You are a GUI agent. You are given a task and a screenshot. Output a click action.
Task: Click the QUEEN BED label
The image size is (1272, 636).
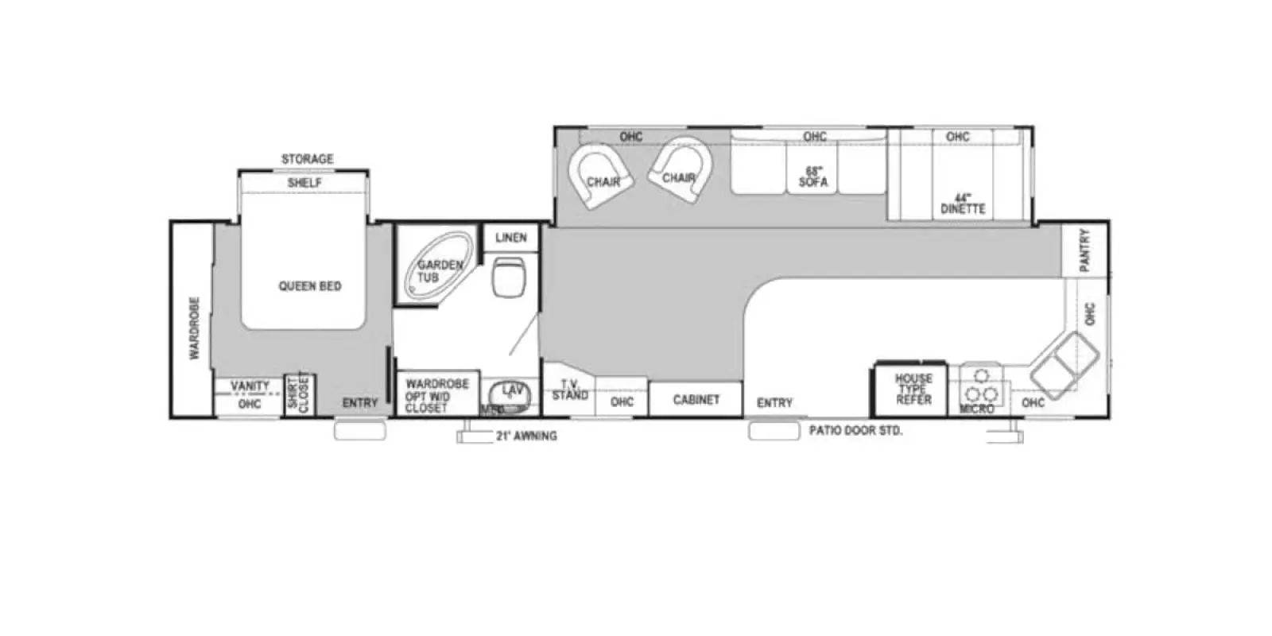coord(309,286)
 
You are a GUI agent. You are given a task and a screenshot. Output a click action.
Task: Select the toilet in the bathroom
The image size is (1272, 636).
coord(509,276)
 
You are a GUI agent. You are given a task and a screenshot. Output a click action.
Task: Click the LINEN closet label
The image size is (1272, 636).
coord(510,238)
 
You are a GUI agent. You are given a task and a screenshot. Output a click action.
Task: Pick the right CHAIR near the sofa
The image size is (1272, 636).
coord(680,171)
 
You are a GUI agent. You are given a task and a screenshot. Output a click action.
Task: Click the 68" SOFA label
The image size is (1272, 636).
coord(812,176)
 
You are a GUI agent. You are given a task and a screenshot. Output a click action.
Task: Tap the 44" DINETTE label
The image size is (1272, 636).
coord(963,204)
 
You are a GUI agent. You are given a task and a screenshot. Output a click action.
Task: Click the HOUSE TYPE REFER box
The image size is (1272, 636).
coord(913,390)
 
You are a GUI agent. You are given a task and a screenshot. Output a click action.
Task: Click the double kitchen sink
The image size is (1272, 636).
coord(1064,364)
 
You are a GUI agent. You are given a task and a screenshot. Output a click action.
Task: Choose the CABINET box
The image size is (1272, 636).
coord(696,399)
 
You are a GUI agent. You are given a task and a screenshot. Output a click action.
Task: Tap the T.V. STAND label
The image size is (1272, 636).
coord(570,390)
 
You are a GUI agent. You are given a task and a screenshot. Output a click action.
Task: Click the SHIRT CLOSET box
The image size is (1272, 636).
coord(298,393)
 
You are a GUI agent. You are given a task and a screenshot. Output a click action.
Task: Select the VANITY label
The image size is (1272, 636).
coord(250,386)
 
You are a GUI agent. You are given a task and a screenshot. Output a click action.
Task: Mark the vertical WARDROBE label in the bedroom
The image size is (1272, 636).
coord(193,328)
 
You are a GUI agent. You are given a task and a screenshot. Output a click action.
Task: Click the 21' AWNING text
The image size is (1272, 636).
coord(526,436)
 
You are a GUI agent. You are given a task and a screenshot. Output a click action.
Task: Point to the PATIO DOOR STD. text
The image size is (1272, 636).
coord(855,431)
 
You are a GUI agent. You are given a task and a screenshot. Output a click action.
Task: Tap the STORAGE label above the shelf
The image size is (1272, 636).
coord(307,159)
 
